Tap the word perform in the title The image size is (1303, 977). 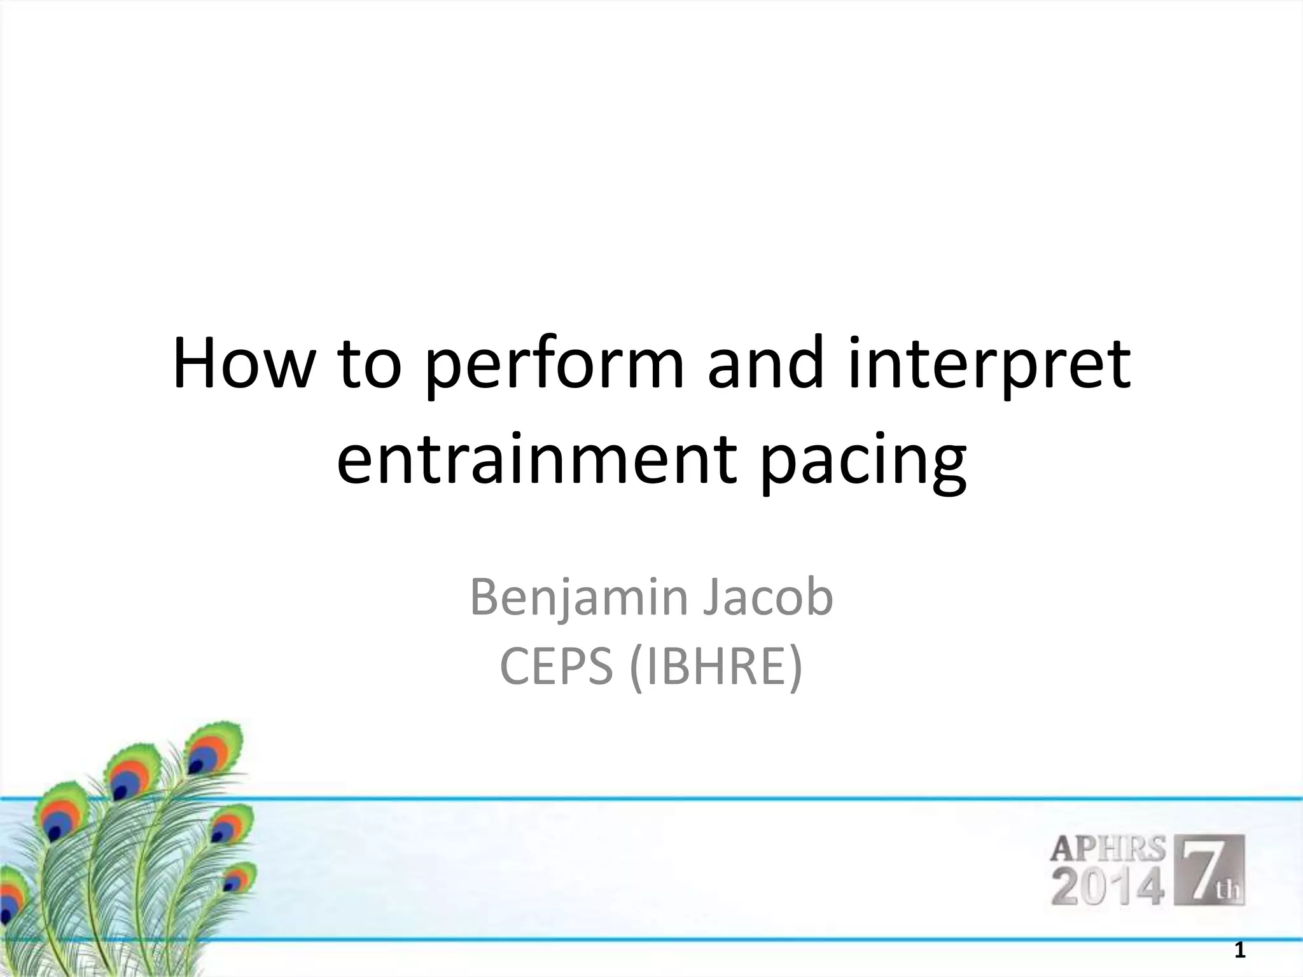[554, 369]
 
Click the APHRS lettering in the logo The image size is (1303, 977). [1107, 849]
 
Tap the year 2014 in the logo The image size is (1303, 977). [1108, 888]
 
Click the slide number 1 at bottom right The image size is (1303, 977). [1239, 952]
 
